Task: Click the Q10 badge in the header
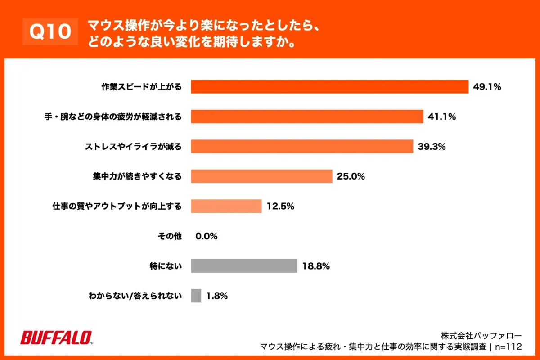tap(50, 31)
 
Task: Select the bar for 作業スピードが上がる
tap(330, 87)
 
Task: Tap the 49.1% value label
tap(487, 87)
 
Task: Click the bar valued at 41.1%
tap(307, 117)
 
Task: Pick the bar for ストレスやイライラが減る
tap(302, 146)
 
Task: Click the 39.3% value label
tap(432, 146)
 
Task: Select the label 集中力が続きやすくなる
tap(134, 176)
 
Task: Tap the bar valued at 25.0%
tap(261, 176)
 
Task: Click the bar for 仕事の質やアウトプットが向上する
tap(226, 206)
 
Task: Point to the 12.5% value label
tap(280, 206)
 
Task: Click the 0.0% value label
tap(207, 236)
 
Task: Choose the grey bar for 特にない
tap(244, 266)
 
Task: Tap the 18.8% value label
tap(316, 266)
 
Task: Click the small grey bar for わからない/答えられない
tap(196, 296)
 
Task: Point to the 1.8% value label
tap(217, 296)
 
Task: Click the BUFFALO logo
tap(57, 337)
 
